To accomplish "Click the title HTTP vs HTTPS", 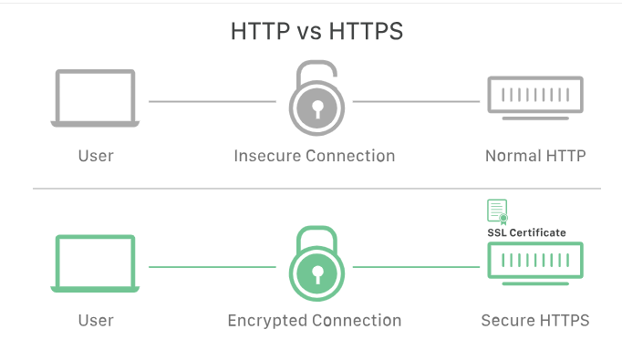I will (x=317, y=31).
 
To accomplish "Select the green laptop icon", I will (x=95, y=263).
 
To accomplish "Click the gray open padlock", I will (x=315, y=100).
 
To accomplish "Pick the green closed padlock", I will (x=315, y=264).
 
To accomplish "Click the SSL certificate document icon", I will (x=497, y=211).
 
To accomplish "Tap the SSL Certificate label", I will (x=526, y=232).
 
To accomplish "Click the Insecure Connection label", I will (x=315, y=156).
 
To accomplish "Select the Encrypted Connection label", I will (x=315, y=321).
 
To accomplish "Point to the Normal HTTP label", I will (x=534, y=156).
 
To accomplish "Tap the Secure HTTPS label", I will (x=534, y=321).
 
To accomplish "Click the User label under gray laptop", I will (x=95, y=156).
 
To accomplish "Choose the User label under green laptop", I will (x=95, y=321).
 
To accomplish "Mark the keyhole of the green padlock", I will (x=315, y=274).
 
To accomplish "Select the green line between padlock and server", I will (x=416, y=267).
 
